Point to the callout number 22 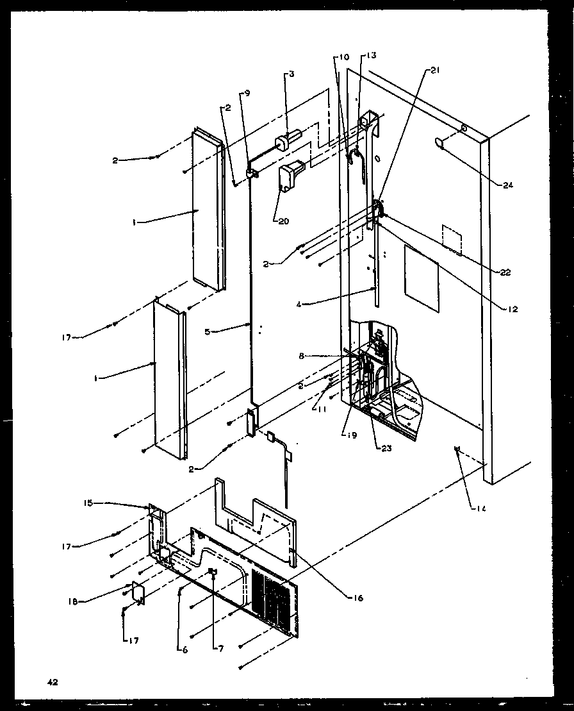click(505, 272)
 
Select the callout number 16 click(357, 598)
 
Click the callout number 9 click(247, 94)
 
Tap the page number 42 click(52, 682)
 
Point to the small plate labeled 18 click(137, 592)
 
